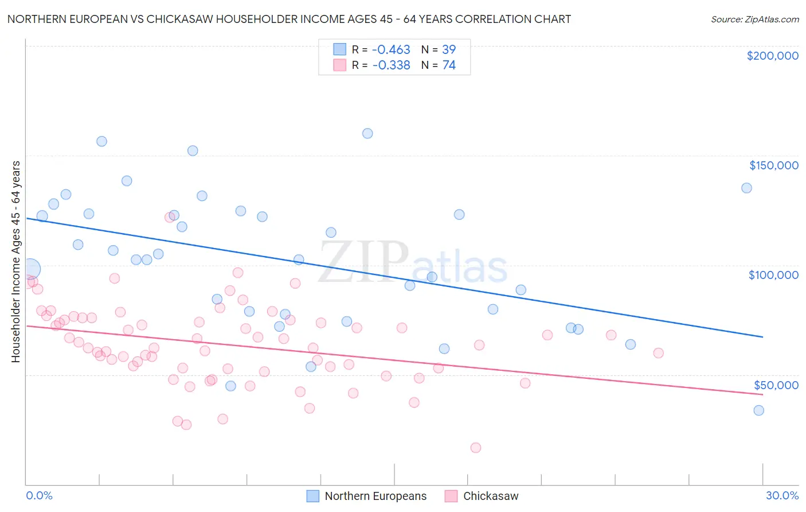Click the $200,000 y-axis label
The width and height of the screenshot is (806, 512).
(x=772, y=56)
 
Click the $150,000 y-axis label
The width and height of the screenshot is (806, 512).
(x=773, y=165)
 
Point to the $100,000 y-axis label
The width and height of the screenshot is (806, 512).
(x=773, y=275)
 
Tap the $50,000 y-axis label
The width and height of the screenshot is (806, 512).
(x=776, y=385)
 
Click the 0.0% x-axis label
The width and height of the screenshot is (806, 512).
(x=39, y=495)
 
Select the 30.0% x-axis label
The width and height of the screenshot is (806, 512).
(x=782, y=495)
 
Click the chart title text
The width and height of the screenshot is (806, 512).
(x=289, y=19)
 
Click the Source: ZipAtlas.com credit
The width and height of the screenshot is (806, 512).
(x=754, y=19)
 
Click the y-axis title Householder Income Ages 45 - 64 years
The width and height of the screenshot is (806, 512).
(x=15, y=262)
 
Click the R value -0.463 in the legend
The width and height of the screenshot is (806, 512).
(x=391, y=50)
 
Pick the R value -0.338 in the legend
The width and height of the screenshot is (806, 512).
(x=391, y=65)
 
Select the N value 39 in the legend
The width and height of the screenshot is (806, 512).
(x=449, y=50)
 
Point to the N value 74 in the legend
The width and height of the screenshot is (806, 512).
(x=449, y=65)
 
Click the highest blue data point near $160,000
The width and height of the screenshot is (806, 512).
(x=367, y=133)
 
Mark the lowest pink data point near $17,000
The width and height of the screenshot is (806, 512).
(x=475, y=448)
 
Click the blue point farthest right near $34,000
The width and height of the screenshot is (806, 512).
(x=758, y=410)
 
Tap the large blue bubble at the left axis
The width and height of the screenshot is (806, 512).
(x=30, y=269)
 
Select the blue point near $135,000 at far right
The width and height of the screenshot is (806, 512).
(x=746, y=188)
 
